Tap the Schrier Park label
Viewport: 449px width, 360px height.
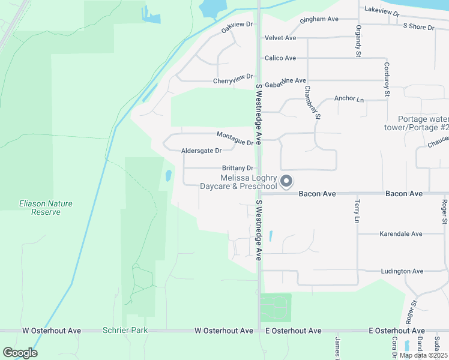pos(125,331)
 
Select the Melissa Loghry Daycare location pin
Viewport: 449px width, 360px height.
pos(287,181)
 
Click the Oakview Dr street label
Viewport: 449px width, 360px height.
pos(237,27)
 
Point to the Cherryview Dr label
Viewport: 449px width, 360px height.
pos(234,80)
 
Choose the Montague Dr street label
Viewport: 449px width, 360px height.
pos(235,139)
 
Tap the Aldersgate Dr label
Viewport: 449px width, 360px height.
pos(201,151)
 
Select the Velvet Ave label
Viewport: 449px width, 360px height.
pos(280,38)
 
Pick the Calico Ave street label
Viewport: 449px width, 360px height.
pos(280,58)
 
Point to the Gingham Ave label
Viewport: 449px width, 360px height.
pos(320,19)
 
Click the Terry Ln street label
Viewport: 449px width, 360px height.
pos(357,212)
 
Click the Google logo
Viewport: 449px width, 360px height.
pos(20,353)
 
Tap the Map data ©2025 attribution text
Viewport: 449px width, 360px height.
pos(423,355)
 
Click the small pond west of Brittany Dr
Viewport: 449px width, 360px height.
pos(169,176)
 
